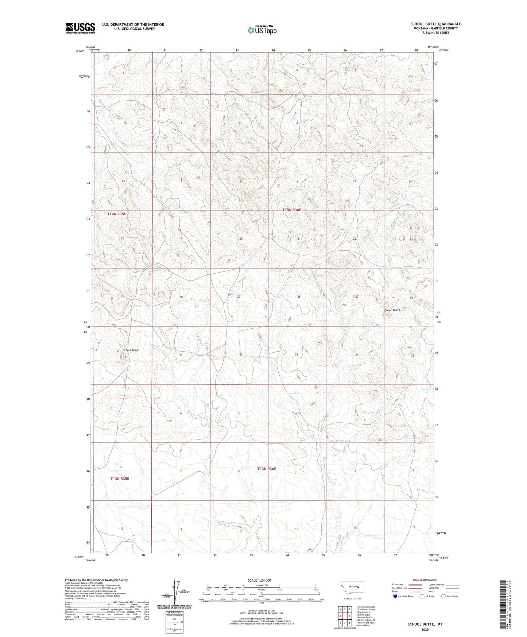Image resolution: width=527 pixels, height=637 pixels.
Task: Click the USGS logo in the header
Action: coord(80,28)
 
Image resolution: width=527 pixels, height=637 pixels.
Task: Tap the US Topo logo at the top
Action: coord(261,30)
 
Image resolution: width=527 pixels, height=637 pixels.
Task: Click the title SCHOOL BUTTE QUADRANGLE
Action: coord(435,24)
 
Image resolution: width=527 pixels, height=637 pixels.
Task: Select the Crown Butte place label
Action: coord(392,310)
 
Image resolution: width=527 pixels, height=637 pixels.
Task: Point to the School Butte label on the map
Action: coord(131,350)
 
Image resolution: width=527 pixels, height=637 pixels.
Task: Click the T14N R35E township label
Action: coord(117,214)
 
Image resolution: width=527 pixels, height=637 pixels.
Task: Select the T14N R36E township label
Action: coord(292,210)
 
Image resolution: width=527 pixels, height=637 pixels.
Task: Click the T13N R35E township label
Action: coord(120,478)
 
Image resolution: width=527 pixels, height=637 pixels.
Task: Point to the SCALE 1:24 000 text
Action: coord(261,580)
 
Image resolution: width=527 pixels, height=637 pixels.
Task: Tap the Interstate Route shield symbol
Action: coord(395,596)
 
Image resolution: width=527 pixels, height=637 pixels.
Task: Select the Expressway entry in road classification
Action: coord(398,584)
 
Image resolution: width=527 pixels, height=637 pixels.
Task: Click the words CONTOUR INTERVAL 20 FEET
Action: coord(261,610)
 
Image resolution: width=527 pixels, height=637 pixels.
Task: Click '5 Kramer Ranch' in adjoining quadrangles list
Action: coord(365,617)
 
